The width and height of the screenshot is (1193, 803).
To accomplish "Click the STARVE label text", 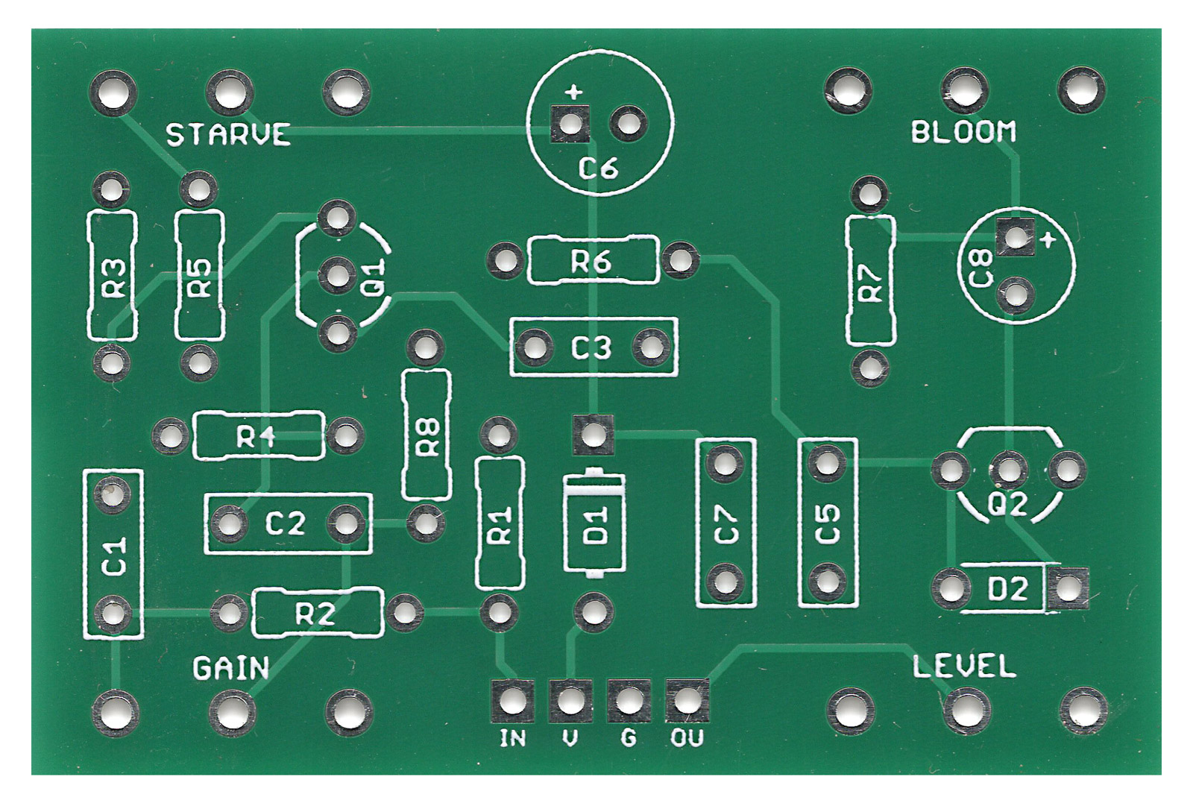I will [227, 135].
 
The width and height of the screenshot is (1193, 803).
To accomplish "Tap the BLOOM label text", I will [963, 132].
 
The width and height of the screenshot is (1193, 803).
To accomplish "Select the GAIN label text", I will [231, 669].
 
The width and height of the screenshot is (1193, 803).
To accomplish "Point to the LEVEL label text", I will [964, 666].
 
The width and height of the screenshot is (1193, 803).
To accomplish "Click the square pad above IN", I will [512, 700].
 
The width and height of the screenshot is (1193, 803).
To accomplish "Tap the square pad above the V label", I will [570, 700].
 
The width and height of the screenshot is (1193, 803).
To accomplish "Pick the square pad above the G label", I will [629, 700].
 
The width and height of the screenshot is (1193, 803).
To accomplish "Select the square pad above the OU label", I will [687, 700].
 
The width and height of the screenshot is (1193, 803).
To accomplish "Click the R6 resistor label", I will [591, 262].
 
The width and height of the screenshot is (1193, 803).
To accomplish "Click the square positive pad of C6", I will [570, 124].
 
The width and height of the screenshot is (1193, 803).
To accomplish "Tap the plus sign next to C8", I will [1048, 240].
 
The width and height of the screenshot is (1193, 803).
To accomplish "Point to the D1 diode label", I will [596, 524].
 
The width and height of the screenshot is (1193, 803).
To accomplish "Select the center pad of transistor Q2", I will [1008, 470].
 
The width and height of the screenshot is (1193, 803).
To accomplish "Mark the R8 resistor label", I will [428, 436].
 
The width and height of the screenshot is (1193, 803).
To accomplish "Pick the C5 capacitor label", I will [827, 524].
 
